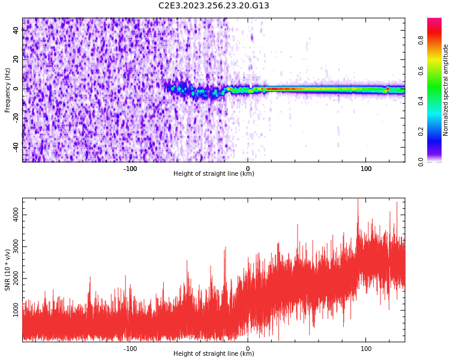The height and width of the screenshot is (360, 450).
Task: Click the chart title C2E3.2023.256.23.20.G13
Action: [214, 5]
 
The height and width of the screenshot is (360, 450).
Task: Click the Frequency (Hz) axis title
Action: [8, 89]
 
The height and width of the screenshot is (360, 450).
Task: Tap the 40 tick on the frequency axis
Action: [16, 31]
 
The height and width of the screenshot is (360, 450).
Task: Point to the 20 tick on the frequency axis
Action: [16, 59]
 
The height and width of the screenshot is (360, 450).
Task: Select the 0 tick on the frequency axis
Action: [17, 89]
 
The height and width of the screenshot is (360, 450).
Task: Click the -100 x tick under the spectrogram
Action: [130, 169]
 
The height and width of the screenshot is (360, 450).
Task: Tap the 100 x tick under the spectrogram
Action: [366, 169]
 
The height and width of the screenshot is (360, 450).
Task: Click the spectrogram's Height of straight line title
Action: [214, 174]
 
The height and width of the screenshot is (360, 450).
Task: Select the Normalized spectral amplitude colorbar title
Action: [446, 89]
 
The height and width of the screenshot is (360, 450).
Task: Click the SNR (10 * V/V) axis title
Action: [8, 269]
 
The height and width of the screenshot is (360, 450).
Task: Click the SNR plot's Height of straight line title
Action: [214, 354]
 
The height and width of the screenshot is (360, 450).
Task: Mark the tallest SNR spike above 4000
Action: [358, 200]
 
